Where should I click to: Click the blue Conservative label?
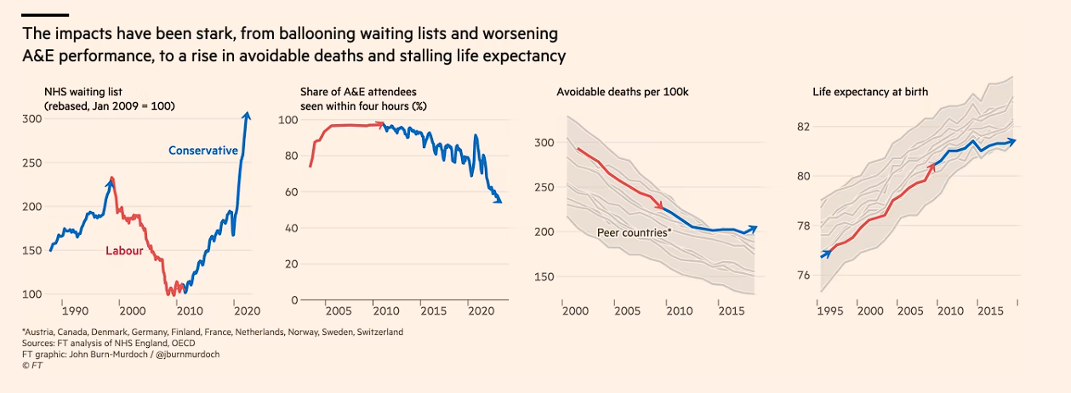point(203,151)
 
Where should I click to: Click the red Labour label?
point(124,251)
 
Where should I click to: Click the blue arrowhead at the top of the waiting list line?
point(247,116)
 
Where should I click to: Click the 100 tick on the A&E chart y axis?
point(289,121)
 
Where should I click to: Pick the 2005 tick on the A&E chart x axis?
point(339,311)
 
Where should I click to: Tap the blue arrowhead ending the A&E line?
point(498,200)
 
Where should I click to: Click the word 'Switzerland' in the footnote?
point(376,332)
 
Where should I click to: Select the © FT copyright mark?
point(32,365)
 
